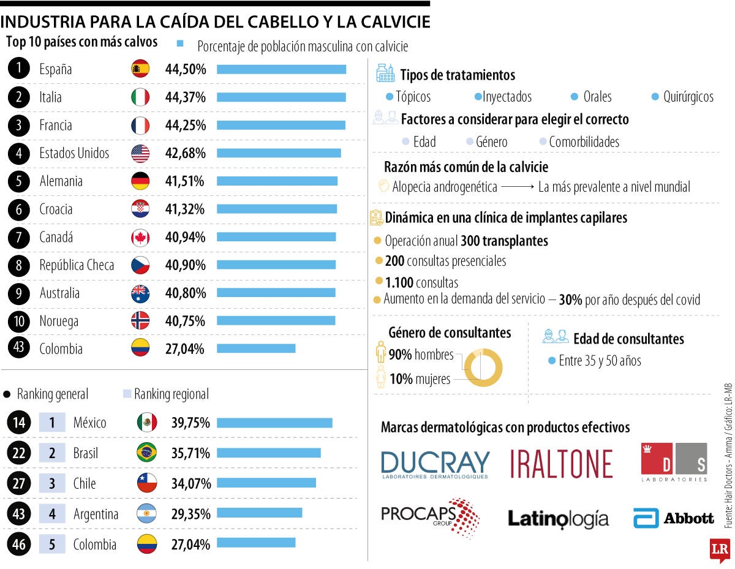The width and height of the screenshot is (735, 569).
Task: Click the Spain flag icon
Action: [x=140, y=69]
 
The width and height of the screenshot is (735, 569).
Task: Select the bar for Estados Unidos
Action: [x=279, y=153]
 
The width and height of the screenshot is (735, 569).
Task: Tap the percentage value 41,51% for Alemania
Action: [x=185, y=181]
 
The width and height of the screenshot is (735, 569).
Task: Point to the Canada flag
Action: [x=140, y=238]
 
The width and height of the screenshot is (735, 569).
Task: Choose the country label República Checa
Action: [x=77, y=265]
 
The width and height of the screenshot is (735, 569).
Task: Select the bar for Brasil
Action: [x=268, y=453]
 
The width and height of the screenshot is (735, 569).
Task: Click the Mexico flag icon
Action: [x=146, y=423]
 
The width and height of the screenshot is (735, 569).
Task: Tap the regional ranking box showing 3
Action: [x=52, y=483]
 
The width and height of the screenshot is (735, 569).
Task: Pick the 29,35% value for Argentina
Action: [x=191, y=513]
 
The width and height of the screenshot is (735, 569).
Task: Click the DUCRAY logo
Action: [x=435, y=464]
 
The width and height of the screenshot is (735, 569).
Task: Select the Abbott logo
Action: [x=674, y=518]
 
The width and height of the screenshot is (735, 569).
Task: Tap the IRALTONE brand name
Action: [x=561, y=464]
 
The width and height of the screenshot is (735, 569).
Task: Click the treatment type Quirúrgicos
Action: [x=688, y=97]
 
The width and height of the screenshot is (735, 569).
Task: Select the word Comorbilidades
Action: [x=584, y=142]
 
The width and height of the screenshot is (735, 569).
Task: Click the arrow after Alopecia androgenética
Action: [x=518, y=187]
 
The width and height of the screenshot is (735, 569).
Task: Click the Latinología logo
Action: [x=558, y=519]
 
